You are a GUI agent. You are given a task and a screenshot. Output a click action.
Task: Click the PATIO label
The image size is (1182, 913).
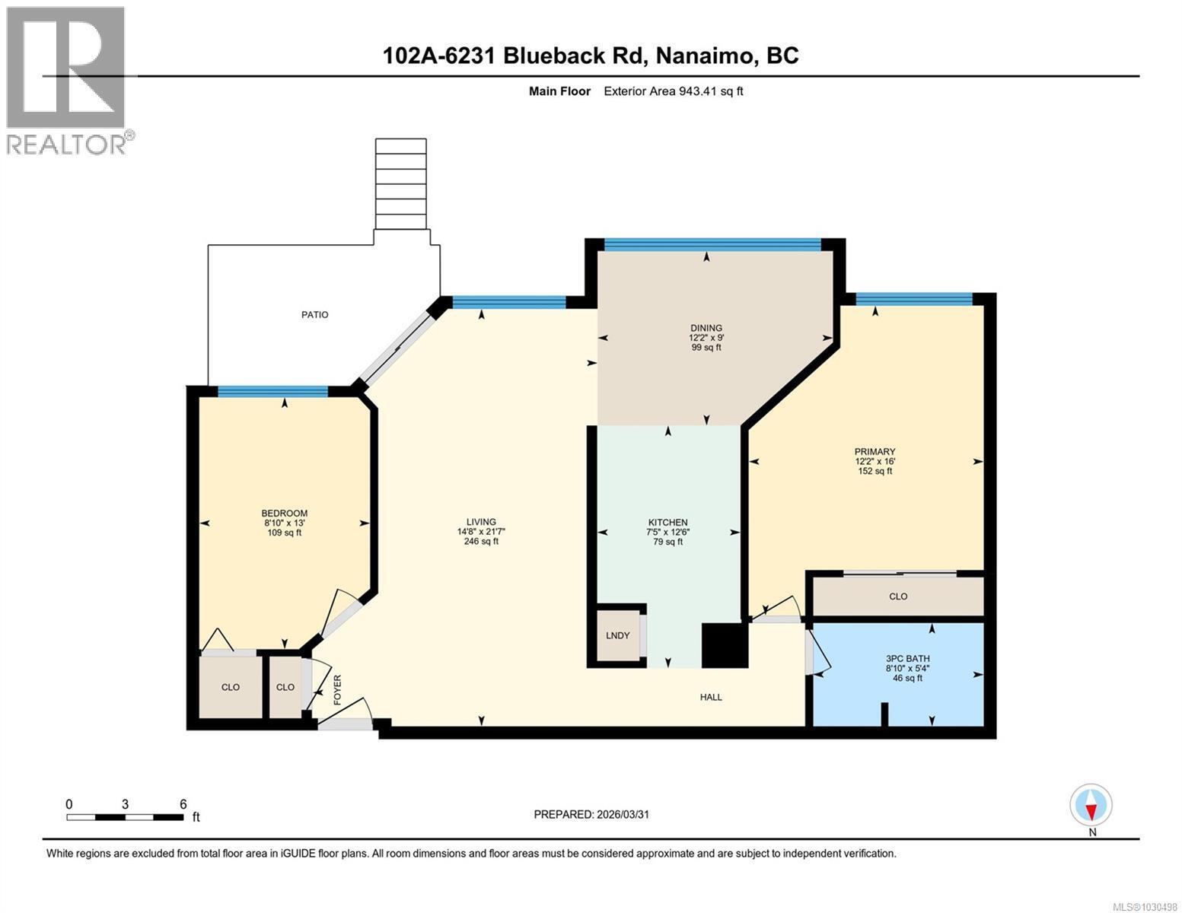point(314,314)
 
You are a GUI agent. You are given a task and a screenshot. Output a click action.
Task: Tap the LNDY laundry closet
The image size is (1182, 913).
point(617,635)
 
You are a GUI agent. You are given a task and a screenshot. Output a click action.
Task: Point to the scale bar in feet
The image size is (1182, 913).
point(125,817)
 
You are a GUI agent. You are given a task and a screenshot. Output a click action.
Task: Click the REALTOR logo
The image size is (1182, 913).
point(67,79)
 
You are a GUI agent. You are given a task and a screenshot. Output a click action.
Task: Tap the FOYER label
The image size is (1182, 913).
point(337,690)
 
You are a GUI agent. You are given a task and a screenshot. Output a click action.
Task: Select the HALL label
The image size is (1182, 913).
point(711,697)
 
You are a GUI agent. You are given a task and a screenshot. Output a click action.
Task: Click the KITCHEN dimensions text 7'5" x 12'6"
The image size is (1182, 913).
point(667,533)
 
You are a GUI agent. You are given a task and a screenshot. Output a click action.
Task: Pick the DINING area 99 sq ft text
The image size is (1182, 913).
point(706,348)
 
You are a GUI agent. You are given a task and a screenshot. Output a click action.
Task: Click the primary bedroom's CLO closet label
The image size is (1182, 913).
point(898,596)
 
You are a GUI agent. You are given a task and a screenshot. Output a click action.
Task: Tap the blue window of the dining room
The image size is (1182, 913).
point(712,244)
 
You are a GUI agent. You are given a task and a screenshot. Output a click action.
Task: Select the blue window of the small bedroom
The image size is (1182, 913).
point(272,392)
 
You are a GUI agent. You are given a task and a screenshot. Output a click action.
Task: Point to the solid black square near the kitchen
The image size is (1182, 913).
point(724,645)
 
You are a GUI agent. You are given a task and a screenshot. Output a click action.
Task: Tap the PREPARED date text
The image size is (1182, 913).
point(591,814)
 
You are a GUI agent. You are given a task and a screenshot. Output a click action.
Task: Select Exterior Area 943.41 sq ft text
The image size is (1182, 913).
point(673,91)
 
